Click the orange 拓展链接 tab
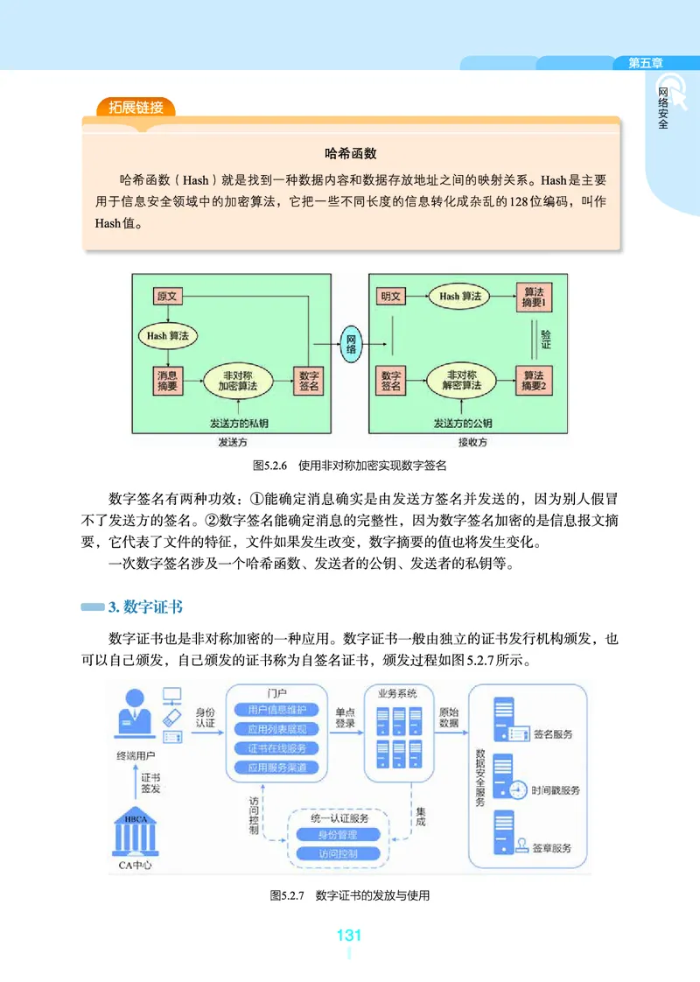136,108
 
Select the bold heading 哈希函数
350,153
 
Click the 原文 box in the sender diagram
166,297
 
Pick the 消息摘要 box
167,379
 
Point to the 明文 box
390,297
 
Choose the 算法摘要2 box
534,379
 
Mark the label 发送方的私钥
240,423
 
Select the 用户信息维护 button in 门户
276,710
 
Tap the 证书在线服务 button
276,748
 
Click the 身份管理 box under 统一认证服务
338,834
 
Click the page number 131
349,936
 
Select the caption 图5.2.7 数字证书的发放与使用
350,895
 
